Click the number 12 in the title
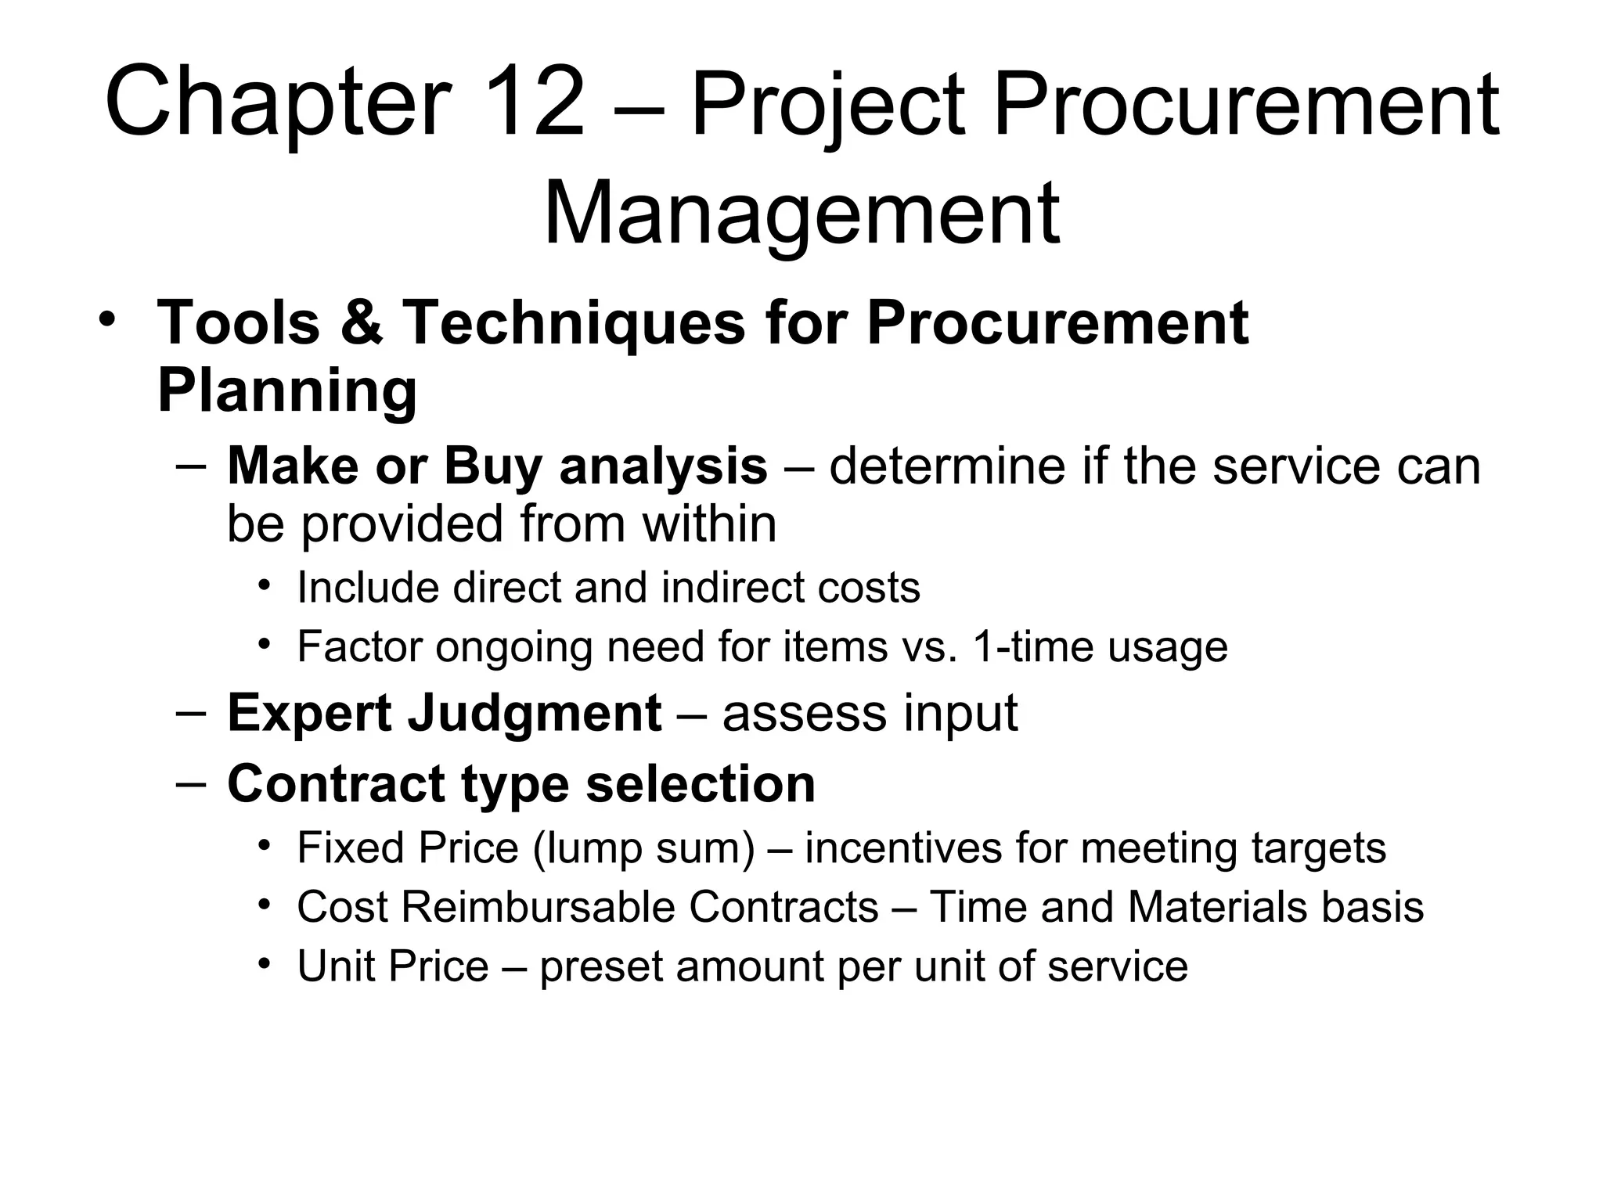pyautogui.click(x=535, y=103)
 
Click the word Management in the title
pyautogui.click(x=801, y=212)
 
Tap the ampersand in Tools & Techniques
pyautogui.click(x=362, y=322)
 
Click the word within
pyautogui.click(x=709, y=524)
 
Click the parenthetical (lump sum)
pyautogui.click(x=643, y=848)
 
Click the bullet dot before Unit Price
pyautogui.click(x=265, y=962)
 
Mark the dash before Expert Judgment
pyautogui.click(x=191, y=714)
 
